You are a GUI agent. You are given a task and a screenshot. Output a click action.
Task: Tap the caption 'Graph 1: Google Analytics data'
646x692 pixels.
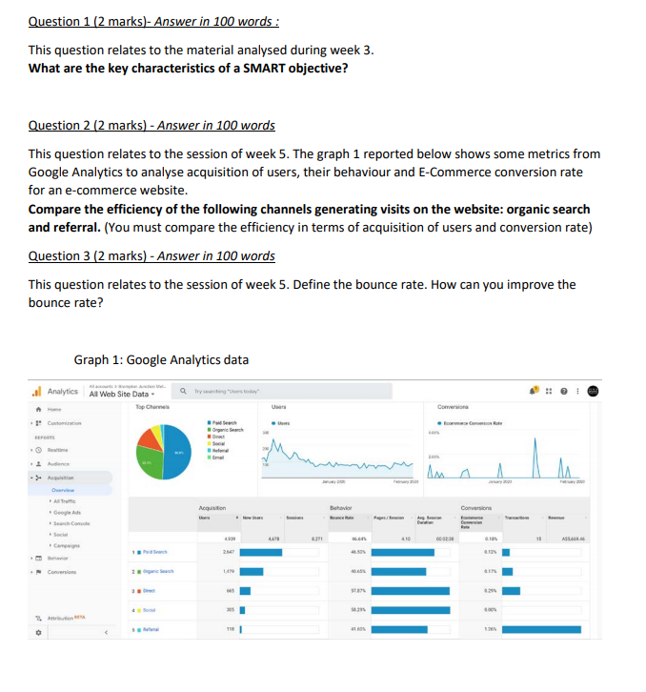coord(160,359)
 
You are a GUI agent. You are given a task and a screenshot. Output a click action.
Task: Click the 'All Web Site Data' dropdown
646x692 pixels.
coord(118,394)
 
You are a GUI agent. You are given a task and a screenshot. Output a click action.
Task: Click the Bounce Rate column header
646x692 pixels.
coord(343,517)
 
